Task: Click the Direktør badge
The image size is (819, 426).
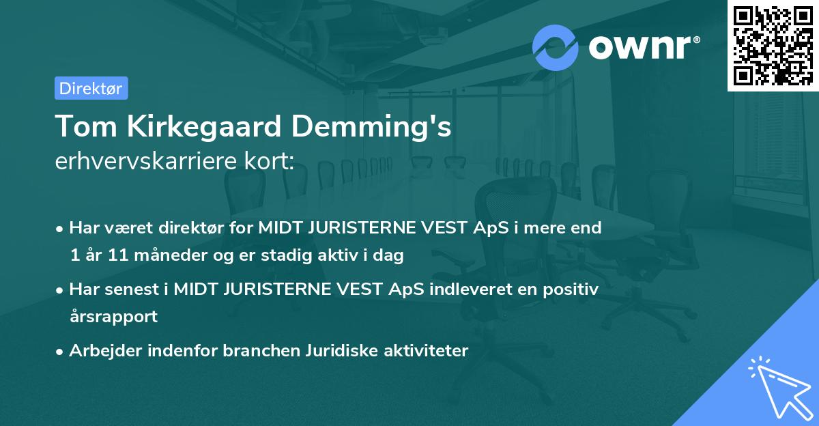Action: coord(91,88)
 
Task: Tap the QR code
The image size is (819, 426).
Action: coord(771,46)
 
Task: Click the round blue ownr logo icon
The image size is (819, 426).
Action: coord(556,47)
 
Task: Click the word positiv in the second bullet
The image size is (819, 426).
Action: coord(572,289)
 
